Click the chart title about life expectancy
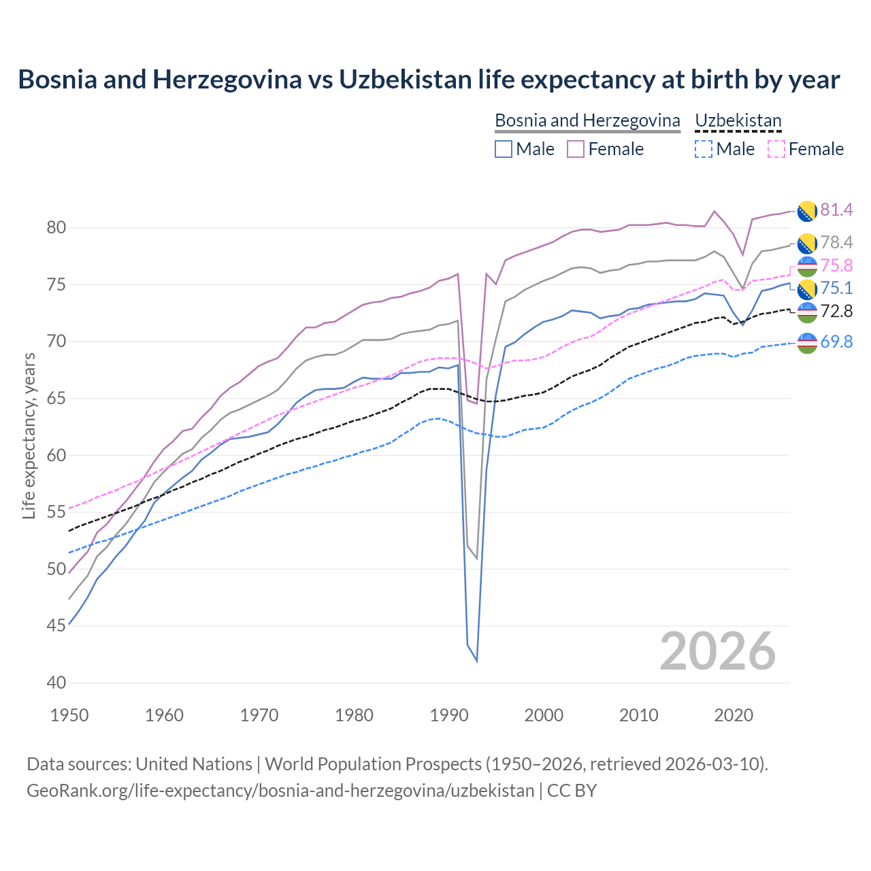(x=429, y=80)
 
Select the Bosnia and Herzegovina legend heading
(x=587, y=120)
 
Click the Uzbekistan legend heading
(x=738, y=120)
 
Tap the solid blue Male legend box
(x=504, y=149)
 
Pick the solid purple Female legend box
(x=576, y=149)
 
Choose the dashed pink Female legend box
(x=776, y=149)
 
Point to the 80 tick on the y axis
(x=56, y=228)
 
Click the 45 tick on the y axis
(x=56, y=626)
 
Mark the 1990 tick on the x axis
(x=449, y=715)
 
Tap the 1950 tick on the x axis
(x=69, y=715)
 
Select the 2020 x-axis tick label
(x=734, y=715)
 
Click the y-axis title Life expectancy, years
(x=29, y=435)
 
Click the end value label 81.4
(x=836, y=210)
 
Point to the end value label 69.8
(x=836, y=342)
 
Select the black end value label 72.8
(x=836, y=311)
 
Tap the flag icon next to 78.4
(x=807, y=243)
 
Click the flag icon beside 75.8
(x=807, y=265)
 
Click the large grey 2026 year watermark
(x=717, y=651)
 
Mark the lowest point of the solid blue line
(x=476, y=661)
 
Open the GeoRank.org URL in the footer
(x=280, y=791)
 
